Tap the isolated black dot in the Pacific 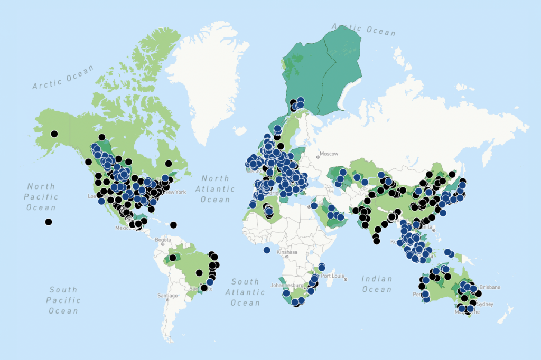coord(48,222)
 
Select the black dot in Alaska coord(54,134)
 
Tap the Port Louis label coord(332,276)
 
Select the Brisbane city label coord(490,287)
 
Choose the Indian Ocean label coord(377,283)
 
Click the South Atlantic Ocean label coord(245,292)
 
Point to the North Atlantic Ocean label coord(215,188)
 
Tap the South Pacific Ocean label coord(63,300)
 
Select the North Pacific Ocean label coord(41,196)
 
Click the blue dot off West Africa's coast coord(267,249)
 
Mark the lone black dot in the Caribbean coord(173,225)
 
